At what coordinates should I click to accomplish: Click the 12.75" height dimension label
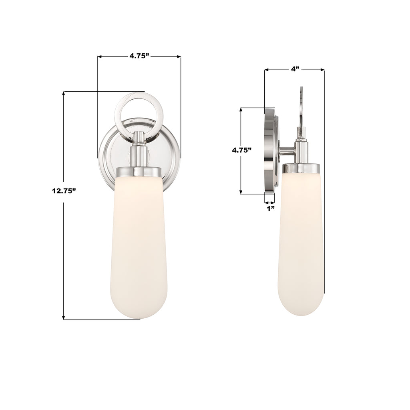[x=64, y=191]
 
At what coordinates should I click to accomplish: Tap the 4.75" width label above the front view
[x=139, y=56]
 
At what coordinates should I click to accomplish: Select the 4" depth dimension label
[x=295, y=69]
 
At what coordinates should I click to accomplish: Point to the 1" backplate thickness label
[x=271, y=209]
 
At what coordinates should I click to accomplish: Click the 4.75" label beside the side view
[x=242, y=151]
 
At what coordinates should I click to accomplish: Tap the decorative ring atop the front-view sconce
[x=139, y=98]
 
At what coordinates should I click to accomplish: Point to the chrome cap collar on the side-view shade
[x=301, y=169]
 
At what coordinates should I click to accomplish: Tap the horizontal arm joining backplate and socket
[x=287, y=151]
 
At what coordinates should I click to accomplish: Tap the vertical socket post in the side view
[x=301, y=150]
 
